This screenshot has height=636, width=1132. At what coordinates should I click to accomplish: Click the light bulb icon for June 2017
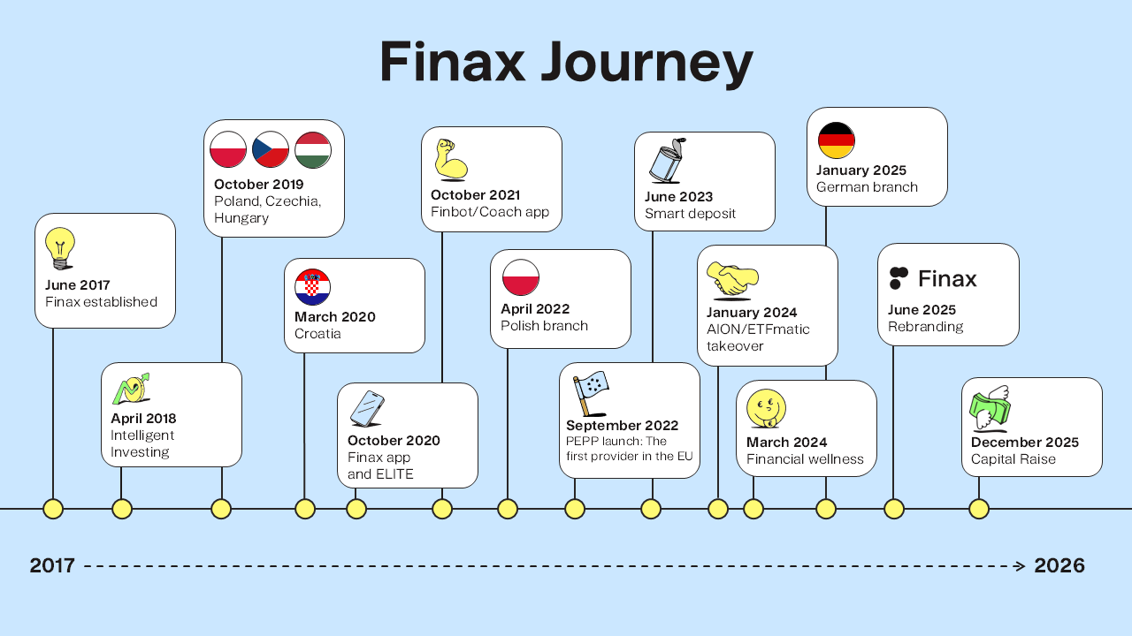pyautogui.click(x=60, y=248)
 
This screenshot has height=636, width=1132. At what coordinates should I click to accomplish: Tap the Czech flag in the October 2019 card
pyautogui.click(x=271, y=150)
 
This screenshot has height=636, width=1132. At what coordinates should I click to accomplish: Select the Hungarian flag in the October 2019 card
pyautogui.click(x=313, y=150)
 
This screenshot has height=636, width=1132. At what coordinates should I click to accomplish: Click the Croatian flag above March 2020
pyautogui.click(x=313, y=287)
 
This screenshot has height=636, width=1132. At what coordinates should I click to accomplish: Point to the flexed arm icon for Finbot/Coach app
pyautogui.click(x=451, y=160)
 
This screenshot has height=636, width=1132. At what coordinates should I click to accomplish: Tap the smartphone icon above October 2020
pyautogui.click(x=367, y=409)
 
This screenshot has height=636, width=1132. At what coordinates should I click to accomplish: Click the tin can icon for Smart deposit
pyautogui.click(x=668, y=161)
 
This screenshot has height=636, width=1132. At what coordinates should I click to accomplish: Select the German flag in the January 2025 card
pyautogui.click(x=837, y=140)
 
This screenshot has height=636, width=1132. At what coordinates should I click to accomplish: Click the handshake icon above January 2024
pyautogui.click(x=732, y=278)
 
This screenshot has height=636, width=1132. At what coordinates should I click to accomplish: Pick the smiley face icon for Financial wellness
pyautogui.click(x=766, y=408)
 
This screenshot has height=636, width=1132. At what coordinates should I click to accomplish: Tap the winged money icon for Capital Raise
pyautogui.click(x=990, y=408)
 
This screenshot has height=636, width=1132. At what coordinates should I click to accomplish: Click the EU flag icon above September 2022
pyautogui.click(x=590, y=394)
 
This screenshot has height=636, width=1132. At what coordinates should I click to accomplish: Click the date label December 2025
pyautogui.click(x=1025, y=443)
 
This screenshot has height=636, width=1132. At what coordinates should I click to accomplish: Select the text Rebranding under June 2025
pyautogui.click(x=925, y=327)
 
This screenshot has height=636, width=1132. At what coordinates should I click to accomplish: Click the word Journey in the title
pyautogui.click(x=646, y=62)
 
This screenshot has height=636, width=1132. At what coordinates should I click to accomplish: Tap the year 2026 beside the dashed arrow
pyautogui.click(x=1059, y=565)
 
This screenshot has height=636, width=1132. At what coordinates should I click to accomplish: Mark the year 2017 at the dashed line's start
pyautogui.click(x=52, y=565)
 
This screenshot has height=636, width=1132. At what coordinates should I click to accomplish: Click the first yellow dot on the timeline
pyautogui.click(x=53, y=509)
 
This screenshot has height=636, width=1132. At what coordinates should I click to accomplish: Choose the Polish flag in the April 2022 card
pyautogui.click(x=521, y=277)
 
